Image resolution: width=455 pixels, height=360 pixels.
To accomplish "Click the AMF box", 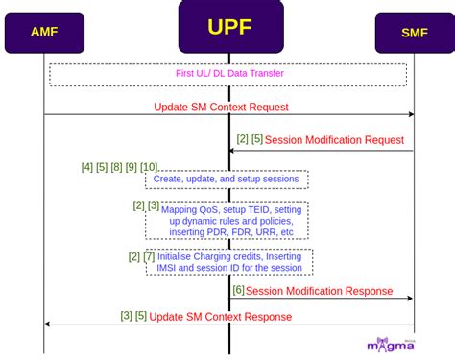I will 43,33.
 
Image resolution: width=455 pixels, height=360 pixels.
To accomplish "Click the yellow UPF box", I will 230,26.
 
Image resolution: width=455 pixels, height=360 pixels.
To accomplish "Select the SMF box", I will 414,33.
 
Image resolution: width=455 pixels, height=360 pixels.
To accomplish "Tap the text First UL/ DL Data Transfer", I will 228,74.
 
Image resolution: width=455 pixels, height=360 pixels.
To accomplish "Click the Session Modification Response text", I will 319,291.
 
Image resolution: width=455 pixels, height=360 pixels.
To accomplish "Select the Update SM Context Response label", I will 221,316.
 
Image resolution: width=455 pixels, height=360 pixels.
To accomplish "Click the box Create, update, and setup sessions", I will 227,180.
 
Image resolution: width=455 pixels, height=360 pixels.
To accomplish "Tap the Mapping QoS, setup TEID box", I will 227,221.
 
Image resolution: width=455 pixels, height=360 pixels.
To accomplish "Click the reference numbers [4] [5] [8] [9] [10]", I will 119,167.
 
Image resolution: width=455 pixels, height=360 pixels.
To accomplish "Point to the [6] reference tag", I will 238,290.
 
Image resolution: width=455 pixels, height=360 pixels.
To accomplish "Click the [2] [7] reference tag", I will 141,256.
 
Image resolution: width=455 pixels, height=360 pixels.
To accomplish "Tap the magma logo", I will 391,344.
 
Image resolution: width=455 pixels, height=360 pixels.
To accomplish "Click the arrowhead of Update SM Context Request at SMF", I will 411,115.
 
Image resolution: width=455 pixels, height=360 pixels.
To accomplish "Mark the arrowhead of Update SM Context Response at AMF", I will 48,324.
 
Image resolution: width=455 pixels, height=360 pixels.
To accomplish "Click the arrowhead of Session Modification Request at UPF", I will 233,150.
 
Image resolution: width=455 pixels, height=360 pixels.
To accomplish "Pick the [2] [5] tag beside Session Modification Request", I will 250,140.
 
